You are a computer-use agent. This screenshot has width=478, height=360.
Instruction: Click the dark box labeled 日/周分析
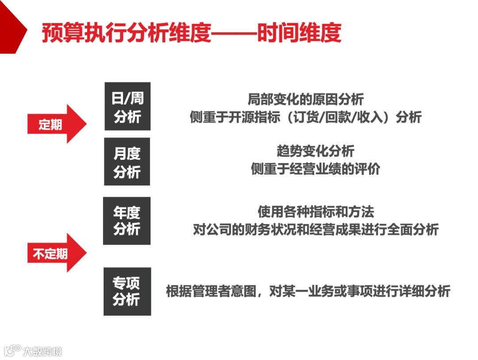tap(127, 106)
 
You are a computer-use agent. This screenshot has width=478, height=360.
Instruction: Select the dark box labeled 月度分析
tap(127, 162)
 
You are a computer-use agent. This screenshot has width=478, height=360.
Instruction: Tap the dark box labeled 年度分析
tap(127, 221)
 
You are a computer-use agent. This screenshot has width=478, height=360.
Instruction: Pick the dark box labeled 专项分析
tap(127, 291)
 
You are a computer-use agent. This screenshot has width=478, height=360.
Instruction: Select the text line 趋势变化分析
tap(316, 151)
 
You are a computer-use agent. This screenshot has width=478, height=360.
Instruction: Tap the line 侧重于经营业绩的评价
tap(316, 169)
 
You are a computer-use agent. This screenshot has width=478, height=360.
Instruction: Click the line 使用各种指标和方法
tap(316, 212)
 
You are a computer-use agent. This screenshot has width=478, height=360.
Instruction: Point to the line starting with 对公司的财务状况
tap(316, 230)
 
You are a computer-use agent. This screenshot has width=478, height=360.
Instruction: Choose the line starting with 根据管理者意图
tap(308, 291)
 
